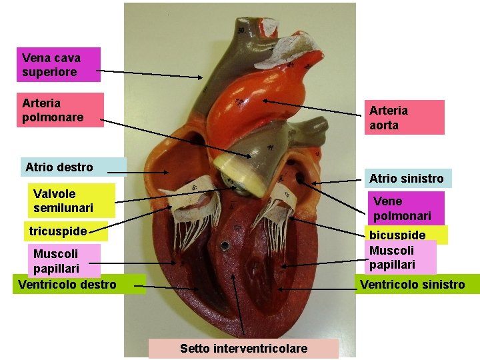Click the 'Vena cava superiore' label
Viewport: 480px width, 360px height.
point(59,65)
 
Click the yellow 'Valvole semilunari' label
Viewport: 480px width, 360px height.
point(73,201)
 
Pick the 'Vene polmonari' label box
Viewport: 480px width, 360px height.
point(405,208)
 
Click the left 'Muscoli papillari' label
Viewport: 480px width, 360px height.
point(65,261)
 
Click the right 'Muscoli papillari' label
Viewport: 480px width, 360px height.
point(400,257)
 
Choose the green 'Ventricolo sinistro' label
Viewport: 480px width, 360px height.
point(413,285)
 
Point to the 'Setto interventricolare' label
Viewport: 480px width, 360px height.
point(243,349)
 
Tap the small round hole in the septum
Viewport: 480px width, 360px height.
point(226,245)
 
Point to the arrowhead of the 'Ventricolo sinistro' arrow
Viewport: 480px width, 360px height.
point(278,289)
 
